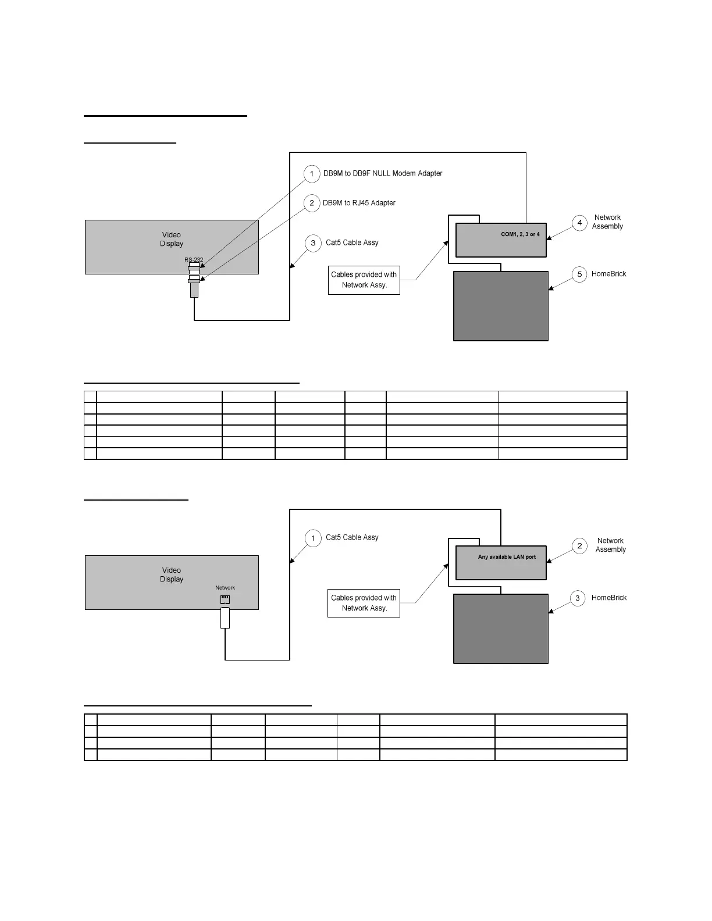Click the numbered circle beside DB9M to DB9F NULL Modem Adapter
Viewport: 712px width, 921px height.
tap(312, 174)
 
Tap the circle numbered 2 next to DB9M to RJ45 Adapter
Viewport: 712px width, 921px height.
tap(312, 203)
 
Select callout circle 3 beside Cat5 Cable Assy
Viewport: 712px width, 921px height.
tap(313, 243)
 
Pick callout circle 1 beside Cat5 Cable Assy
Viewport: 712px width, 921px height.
tap(313, 538)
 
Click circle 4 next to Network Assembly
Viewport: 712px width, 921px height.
tap(579, 223)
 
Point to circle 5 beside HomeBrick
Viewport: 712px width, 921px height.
tap(579, 274)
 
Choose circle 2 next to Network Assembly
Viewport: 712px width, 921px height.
tap(579, 545)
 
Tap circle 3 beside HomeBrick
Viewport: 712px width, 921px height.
tap(578, 598)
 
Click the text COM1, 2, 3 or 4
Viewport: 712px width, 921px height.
tap(520, 234)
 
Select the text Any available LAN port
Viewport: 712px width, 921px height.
tap(507, 557)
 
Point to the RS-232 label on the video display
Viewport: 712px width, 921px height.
tap(194, 260)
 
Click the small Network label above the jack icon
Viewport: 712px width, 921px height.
tap(225, 588)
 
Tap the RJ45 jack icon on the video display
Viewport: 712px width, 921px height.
tap(225, 599)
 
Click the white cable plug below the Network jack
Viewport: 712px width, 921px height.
tap(225, 617)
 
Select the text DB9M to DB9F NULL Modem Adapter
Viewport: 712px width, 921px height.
tap(383, 173)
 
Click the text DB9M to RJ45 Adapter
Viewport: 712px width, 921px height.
tap(359, 203)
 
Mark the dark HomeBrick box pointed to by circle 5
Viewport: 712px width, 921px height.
tap(501, 306)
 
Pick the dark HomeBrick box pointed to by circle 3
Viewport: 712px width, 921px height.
tap(501, 629)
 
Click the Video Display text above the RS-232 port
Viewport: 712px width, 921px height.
tap(172, 240)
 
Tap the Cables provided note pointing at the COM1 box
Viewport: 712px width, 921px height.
tap(364, 280)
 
